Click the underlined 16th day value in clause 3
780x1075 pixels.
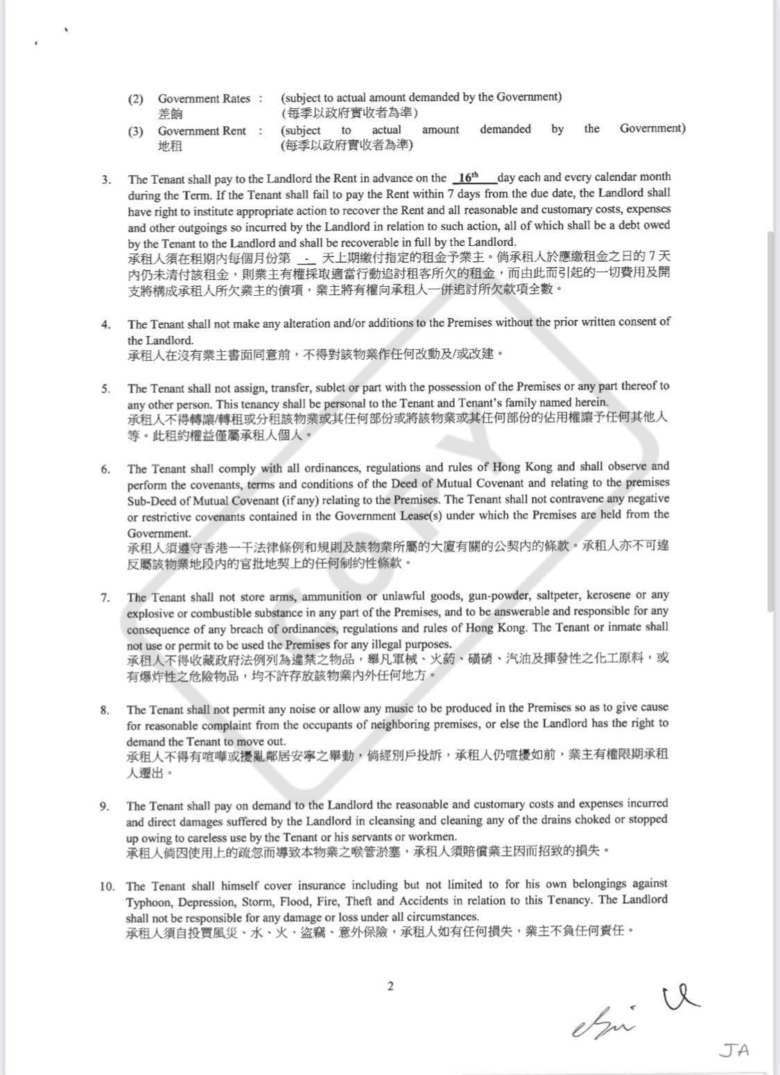point(469,177)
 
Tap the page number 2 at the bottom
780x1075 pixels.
point(390,986)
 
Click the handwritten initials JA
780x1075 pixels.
point(734,1050)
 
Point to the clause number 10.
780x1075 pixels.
point(107,886)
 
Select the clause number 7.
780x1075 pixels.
point(105,597)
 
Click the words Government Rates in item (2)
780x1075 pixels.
point(204,98)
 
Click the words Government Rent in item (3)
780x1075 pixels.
point(202,130)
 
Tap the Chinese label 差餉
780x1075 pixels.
point(171,114)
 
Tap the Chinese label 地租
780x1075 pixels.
point(171,146)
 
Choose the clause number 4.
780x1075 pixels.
point(105,324)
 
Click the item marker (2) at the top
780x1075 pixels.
point(135,98)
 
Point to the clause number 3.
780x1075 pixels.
point(105,179)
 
